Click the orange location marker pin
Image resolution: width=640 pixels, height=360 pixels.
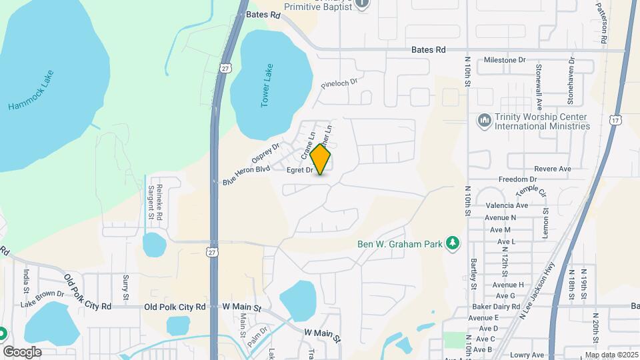[x=320, y=159]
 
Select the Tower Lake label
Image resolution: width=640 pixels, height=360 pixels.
[x=268, y=85]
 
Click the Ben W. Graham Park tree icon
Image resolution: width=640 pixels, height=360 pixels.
[x=454, y=243]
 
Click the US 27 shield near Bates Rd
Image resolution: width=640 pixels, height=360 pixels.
[x=226, y=67]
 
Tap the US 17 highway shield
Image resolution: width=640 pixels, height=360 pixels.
[x=615, y=120]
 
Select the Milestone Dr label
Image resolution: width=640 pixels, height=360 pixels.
[x=510, y=60]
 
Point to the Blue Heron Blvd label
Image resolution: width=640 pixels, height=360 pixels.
[x=246, y=175]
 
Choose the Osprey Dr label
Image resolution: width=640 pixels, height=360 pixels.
[x=265, y=152]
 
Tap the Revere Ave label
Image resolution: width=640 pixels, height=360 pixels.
[x=552, y=169]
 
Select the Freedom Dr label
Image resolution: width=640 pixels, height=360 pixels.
[x=517, y=180]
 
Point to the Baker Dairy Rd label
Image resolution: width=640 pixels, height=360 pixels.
[x=496, y=306]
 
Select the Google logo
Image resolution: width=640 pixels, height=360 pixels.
[x=22, y=351]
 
